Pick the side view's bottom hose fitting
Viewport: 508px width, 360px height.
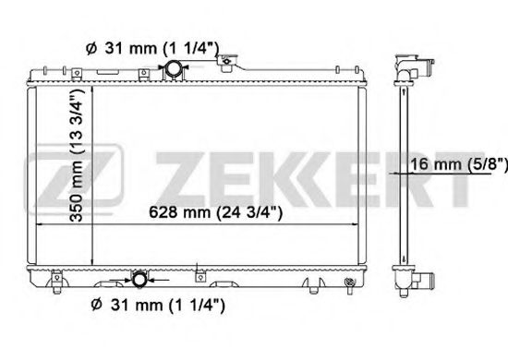(x=406, y=280)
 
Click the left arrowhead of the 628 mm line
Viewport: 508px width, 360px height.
(x=40, y=224)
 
